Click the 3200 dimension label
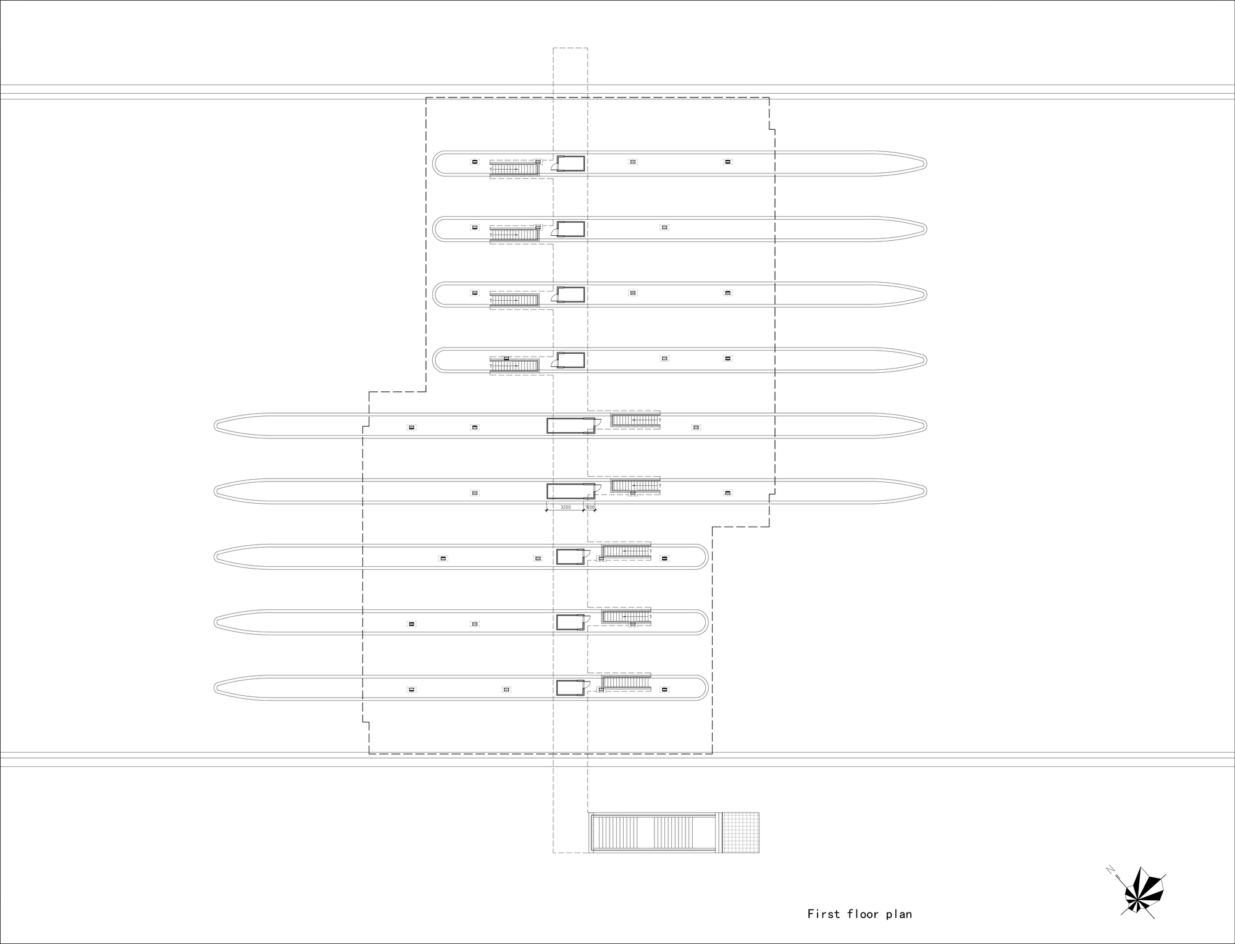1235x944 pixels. (x=565, y=507)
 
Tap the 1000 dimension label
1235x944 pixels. (x=590, y=507)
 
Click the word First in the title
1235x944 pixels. (x=824, y=914)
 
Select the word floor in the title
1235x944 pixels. (x=863, y=914)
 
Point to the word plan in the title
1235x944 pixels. (x=899, y=914)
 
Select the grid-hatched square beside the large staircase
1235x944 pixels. (x=741, y=832)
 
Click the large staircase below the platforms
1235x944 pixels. (x=655, y=832)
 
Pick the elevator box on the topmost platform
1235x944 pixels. (x=571, y=163)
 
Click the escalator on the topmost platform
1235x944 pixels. (x=514, y=168)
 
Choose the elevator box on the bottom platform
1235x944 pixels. (x=570, y=688)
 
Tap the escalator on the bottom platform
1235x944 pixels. (x=626, y=682)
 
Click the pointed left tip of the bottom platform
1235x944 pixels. (x=217, y=688)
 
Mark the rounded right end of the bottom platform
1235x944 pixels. (x=705, y=688)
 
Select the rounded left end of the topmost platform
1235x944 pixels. (x=435, y=164)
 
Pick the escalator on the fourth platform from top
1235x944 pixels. (x=514, y=365)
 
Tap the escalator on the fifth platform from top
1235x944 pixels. (x=635, y=420)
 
